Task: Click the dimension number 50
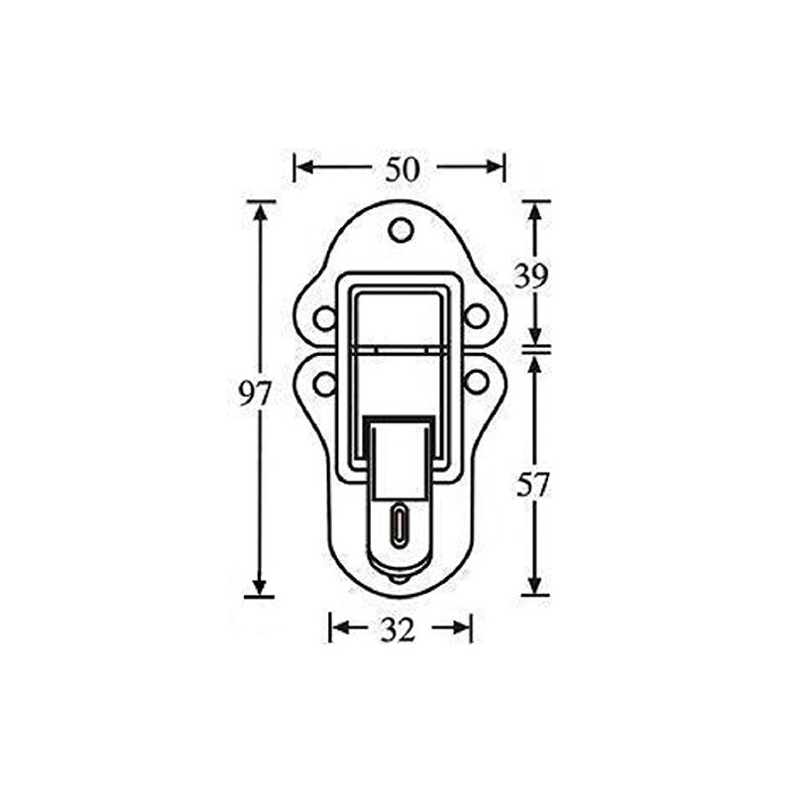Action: click(401, 170)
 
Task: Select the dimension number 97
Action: click(255, 395)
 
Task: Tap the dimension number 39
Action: click(531, 277)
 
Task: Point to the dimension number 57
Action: click(533, 486)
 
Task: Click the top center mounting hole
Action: click(400, 230)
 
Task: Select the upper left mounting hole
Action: click(324, 318)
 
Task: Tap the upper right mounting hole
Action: click(477, 317)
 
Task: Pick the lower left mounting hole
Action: click(324, 383)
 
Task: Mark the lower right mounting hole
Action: click(477, 382)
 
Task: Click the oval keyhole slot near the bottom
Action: click(398, 524)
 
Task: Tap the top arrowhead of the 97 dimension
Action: click(261, 211)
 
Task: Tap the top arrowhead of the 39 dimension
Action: click(535, 211)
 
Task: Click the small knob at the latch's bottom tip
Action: click(398, 578)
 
